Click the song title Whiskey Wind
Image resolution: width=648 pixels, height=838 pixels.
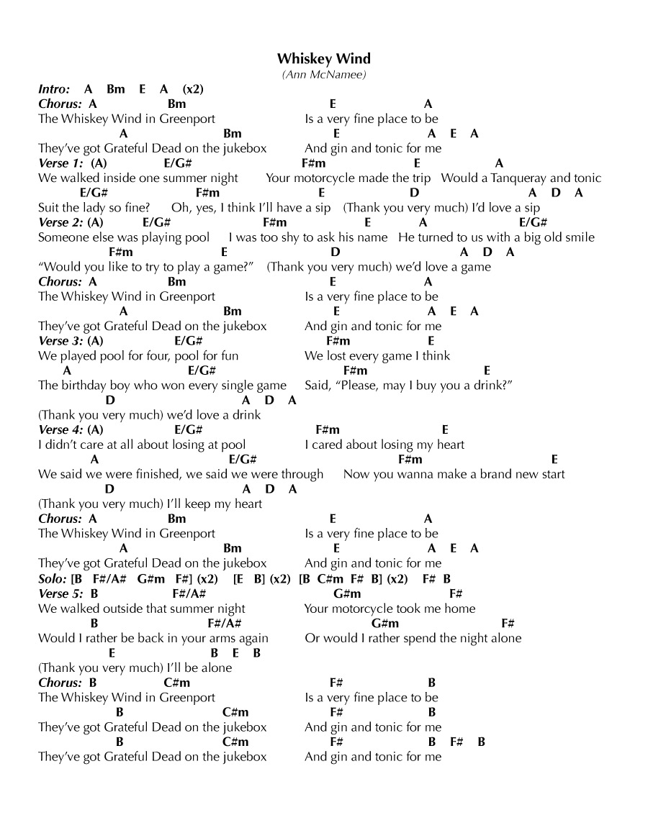coord(323,58)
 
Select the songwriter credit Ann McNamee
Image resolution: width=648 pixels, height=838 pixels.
coord(323,74)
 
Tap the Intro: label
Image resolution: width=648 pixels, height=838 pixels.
coord(54,89)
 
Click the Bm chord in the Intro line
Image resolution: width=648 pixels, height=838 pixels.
coord(115,89)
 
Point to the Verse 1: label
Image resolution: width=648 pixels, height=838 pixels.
coord(60,163)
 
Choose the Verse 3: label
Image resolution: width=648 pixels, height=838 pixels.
coord(60,341)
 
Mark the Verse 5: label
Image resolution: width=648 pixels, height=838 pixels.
coord(60,593)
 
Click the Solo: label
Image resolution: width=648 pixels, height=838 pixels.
coord(53,578)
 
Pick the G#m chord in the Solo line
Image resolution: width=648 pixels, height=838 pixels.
coord(151,578)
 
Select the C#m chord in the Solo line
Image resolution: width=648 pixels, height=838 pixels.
coord(325,578)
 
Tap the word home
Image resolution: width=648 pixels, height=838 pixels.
coord(459,609)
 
